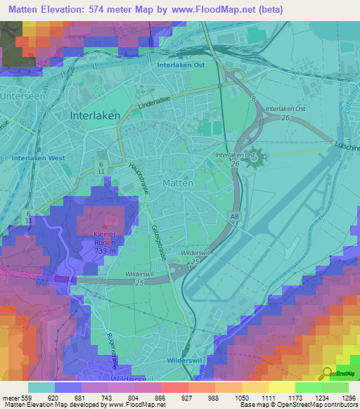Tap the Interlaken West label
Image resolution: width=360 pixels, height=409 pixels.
pyautogui.click(x=38, y=158)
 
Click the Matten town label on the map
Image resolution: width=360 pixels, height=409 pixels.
pyautogui.click(x=178, y=183)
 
